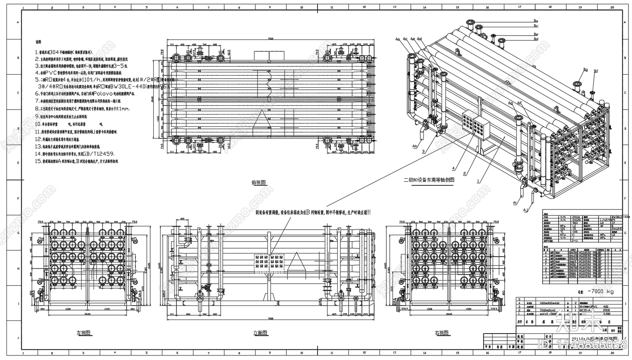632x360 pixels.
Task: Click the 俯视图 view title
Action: pyautogui.click(x=259, y=182)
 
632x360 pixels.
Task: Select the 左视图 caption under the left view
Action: pyautogui.click(x=83, y=333)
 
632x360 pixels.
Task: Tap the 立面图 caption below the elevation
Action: pyautogui.click(x=260, y=333)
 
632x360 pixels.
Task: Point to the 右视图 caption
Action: pyautogui.click(x=441, y=333)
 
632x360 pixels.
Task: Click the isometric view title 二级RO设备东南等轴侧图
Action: pyautogui.click(x=429, y=180)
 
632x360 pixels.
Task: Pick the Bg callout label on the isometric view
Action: pyautogui.click(x=586, y=70)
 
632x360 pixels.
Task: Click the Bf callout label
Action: pyautogui.click(x=596, y=72)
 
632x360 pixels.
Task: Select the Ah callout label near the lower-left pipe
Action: pyautogui.click(x=415, y=146)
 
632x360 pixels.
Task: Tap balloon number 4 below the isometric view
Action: pyautogui.click(x=453, y=168)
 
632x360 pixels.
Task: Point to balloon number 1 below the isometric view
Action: pyautogui.click(x=478, y=181)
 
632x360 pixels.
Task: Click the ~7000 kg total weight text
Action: pyautogui.click(x=601, y=291)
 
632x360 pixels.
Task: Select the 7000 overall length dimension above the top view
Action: pyautogui.click(x=270, y=39)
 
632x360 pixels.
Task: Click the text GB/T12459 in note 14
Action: pyautogui.click(x=100, y=154)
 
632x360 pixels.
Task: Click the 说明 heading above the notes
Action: pyautogui.click(x=38, y=41)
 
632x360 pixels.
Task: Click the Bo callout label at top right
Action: pyautogui.click(x=536, y=21)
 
